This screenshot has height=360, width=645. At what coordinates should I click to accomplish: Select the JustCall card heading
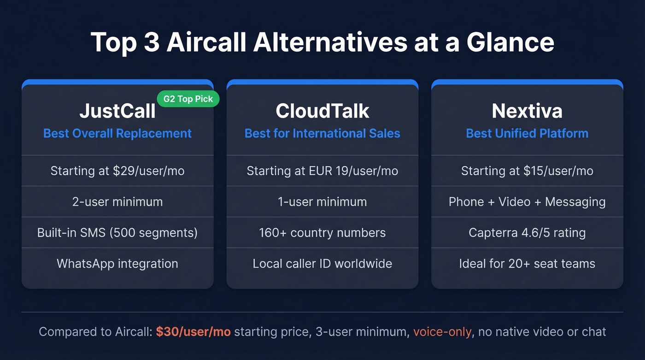click(x=117, y=111)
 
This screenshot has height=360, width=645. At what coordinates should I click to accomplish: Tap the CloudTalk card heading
click(x=322, y=111)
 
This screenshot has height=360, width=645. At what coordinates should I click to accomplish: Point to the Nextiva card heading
click(x=527, y=111)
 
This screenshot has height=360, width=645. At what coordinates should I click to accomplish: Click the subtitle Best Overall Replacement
click(x=117, y=134)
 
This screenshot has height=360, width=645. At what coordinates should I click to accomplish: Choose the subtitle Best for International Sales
click(x=322, y=134)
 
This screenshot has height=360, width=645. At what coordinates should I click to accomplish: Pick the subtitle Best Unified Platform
click(x=527, y=134)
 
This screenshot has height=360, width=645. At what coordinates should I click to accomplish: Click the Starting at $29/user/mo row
click(x=117, y=171)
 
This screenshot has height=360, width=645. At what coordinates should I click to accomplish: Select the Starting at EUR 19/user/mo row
click(x=322, y=171)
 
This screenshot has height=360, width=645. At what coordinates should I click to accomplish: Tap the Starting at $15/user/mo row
click(x=527, y=171)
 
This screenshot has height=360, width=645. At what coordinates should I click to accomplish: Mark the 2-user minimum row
click(x=117, y=202)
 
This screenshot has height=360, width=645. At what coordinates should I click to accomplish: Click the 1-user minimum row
click(x=322, y=202)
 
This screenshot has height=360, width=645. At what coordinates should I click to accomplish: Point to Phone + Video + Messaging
click(x=527, y=202)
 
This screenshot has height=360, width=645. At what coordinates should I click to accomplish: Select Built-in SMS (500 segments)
click(x=117, y=233)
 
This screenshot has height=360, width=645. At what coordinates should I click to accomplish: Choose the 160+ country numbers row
click(x=322, y=233)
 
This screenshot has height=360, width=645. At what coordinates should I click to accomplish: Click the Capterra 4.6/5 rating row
click(x=527, y=233)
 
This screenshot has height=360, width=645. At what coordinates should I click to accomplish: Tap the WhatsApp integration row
click(x=117, y=264)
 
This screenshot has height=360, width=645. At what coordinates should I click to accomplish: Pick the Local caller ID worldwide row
click(x=322, y=264)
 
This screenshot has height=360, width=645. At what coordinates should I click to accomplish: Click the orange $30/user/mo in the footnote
click(x=193, y=332)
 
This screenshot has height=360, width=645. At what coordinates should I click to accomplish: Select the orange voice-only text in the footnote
click(x=442, y=332)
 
